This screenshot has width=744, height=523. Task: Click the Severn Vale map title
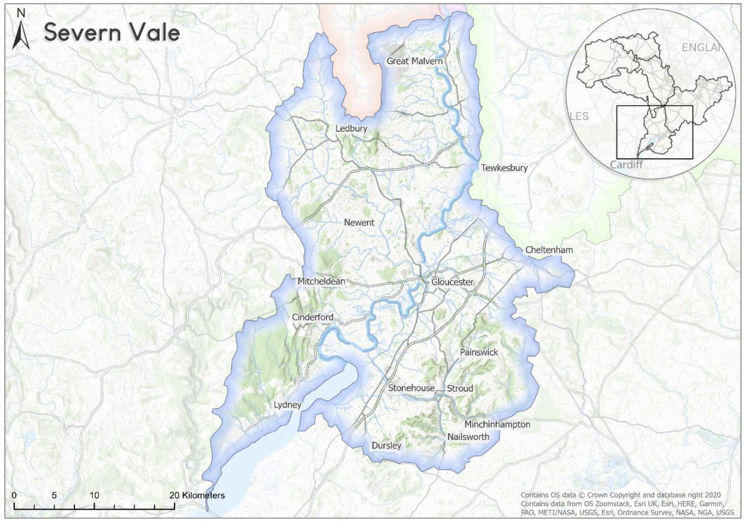tap(112, 32)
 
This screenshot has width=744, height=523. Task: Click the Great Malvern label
tap(414, 61)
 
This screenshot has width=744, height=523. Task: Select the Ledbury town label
tap(352, 129)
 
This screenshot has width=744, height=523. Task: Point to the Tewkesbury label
tap(504, 168)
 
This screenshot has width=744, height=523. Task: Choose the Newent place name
tap(359, 223)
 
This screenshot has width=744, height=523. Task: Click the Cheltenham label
tap(549, 250)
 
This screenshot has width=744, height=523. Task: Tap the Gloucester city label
tap(452, 282)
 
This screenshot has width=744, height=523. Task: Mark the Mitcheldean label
tap(321, 281)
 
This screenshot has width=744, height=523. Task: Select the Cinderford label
tap(312, 317)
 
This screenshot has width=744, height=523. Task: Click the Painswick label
tap(479, 352)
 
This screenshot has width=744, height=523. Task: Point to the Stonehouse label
tap(411, 388)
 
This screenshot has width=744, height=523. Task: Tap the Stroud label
tap(460, 388)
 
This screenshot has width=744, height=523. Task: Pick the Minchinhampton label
tap(497, 424)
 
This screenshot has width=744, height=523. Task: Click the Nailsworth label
tap(468, 437)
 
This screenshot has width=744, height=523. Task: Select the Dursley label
tap(386, 445)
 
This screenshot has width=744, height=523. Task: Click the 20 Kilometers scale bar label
tap(197, 495)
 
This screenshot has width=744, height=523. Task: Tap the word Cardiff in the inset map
tap(626, 165)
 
